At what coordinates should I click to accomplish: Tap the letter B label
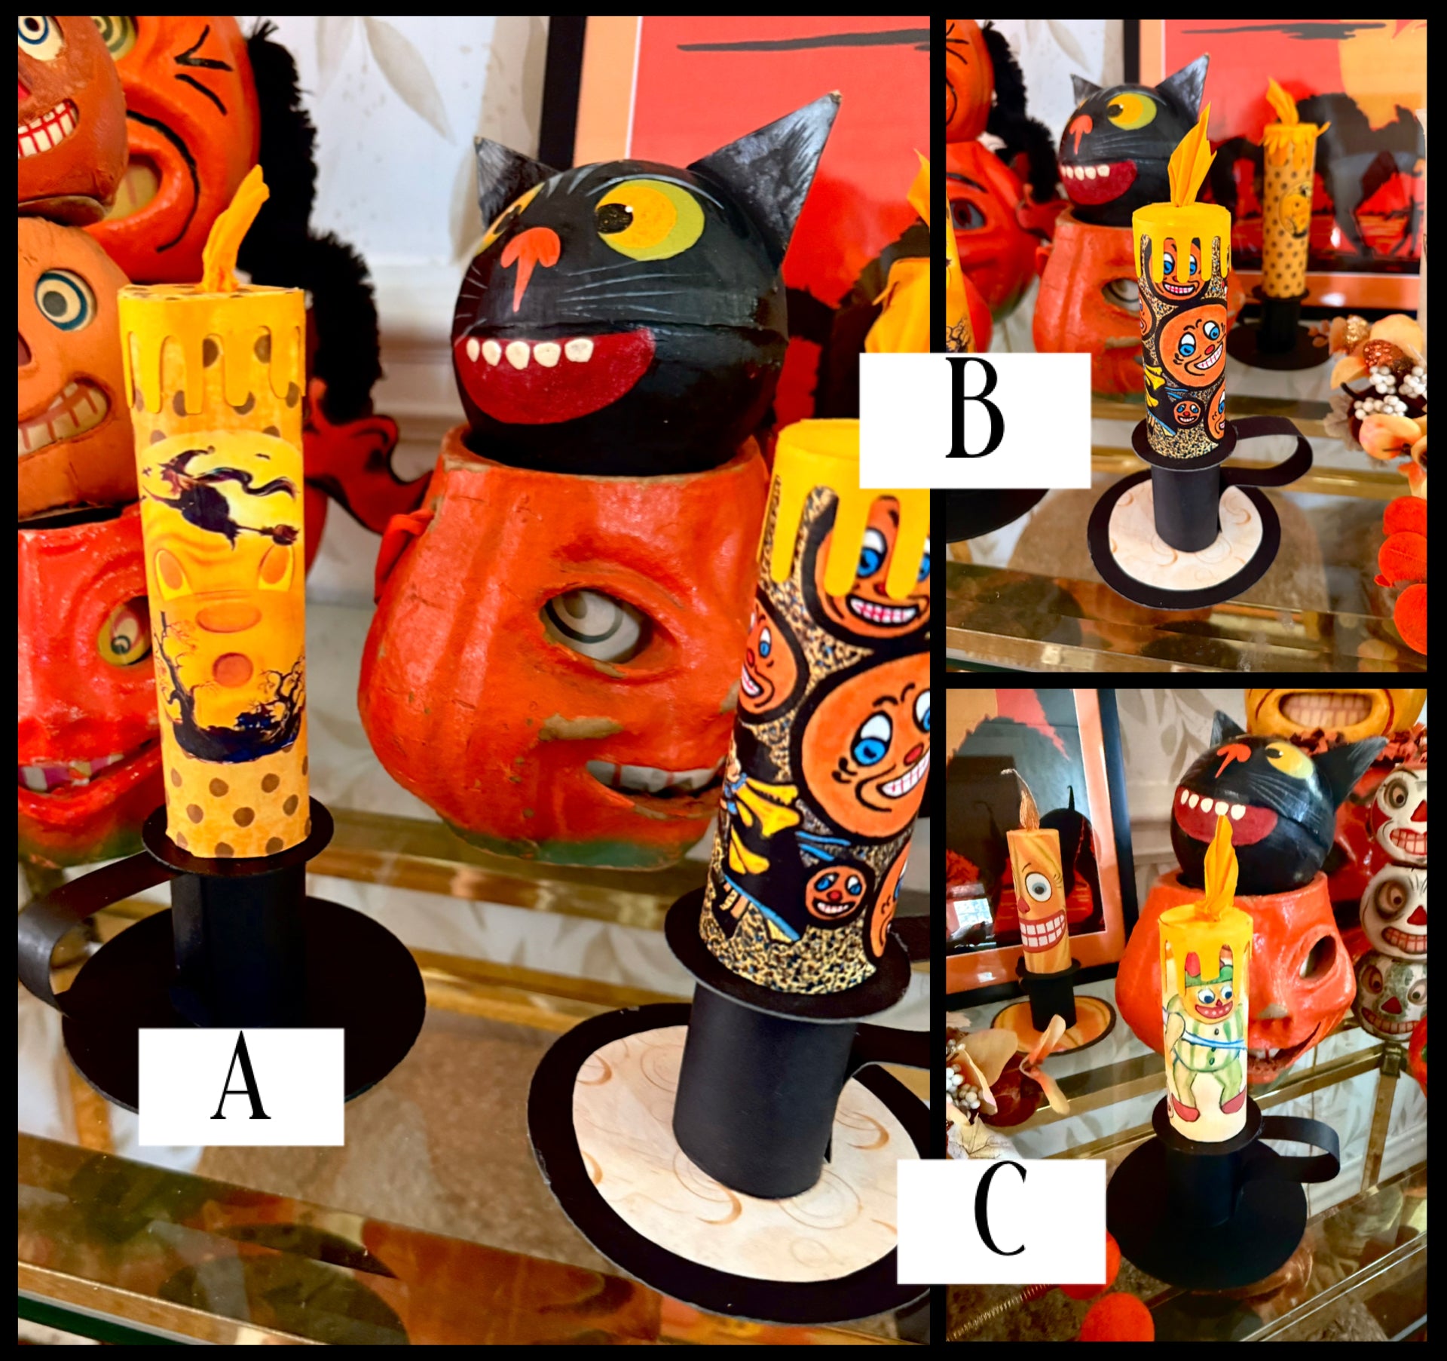pos(975,419)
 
